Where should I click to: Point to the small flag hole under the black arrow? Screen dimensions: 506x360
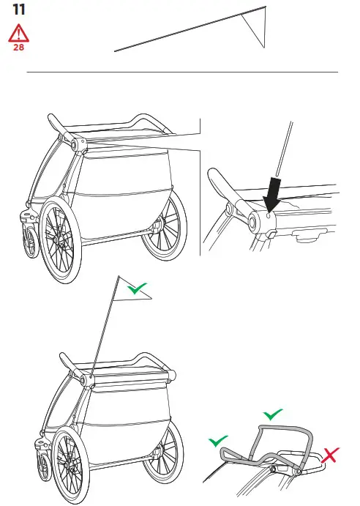tap(269, 215)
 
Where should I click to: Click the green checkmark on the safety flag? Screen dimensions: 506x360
tap(135, 289)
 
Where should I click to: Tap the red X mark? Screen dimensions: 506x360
tap(331, 455)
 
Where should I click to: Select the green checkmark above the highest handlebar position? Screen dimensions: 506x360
tap(273, 414)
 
